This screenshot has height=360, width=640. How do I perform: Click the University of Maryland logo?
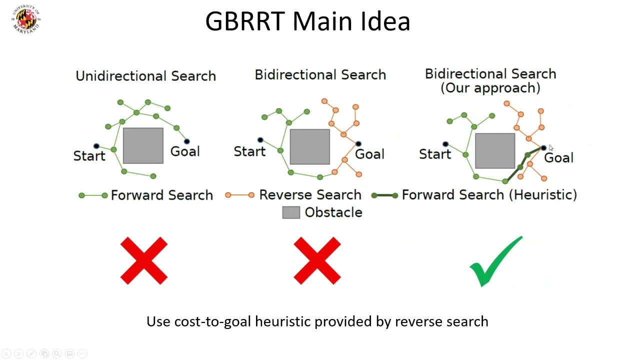click(x=26, y=19)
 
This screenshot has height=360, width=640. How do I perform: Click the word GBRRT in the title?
click(x=245, y=21)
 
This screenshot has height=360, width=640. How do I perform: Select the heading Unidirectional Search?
click(x=145, y=76)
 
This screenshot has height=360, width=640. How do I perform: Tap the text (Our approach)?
click(x=490, y=88)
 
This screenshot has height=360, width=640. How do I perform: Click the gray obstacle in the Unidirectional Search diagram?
click(x=143, y=145)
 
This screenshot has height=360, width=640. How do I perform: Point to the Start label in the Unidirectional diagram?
click(x=89, y=156)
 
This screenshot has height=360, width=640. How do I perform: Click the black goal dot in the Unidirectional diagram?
click(x=187, y=141)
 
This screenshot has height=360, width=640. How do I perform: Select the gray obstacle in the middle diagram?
click(x=310, y=147)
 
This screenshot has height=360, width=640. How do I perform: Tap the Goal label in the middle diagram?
click(x=369, y=154)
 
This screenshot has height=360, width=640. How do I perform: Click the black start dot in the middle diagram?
click(x=260, y=140)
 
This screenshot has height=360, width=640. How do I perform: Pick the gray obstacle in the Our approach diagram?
click(x=495, y=151)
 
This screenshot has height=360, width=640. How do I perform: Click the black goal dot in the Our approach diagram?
click(x=543, y=147)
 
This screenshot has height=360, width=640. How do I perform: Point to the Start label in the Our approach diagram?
click(x=435, y=154)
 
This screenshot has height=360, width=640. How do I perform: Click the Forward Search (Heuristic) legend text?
click(x=489, y=195)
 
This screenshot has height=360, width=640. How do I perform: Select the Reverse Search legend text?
click(x=310, y=195)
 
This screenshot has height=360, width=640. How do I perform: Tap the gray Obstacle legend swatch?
click(x=291, y=212)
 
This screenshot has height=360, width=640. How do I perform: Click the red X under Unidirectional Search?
click(x=143, y=260)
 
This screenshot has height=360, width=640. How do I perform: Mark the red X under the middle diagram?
click(x=317, y=260)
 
